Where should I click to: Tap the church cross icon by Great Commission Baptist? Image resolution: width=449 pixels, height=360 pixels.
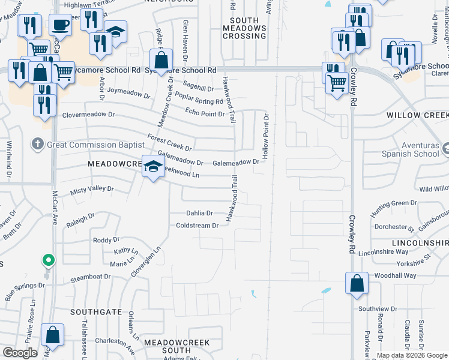coord(37,144)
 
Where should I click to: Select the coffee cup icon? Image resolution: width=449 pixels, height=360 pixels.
coord(59,25)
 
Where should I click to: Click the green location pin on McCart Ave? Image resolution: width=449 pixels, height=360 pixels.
coord(48,260)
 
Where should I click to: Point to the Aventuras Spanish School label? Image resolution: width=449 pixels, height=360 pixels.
coord(408,149)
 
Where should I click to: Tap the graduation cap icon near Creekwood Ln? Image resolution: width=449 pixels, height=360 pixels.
coord(152,166)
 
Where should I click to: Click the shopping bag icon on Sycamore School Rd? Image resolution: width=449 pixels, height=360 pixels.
coord(161,60)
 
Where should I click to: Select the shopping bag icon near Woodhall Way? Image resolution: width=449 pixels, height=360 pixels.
coord(357,284)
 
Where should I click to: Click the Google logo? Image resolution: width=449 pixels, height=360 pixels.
coord(20,353)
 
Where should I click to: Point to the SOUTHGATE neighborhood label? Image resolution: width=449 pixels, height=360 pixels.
coord(96,313)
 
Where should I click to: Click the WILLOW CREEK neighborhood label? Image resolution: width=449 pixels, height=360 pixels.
coord(417,115)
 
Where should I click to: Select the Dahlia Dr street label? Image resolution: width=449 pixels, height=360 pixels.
coord(199,213)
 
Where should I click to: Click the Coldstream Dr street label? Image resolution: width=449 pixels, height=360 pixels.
coord(197,226)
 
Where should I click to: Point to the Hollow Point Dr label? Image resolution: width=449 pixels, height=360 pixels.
coord(265,133)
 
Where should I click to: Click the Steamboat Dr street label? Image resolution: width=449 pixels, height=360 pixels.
coord(91,277)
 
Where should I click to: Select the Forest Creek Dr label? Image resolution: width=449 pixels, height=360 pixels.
coord(170,144)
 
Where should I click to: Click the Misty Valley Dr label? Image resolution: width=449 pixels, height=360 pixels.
coord(92,189)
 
